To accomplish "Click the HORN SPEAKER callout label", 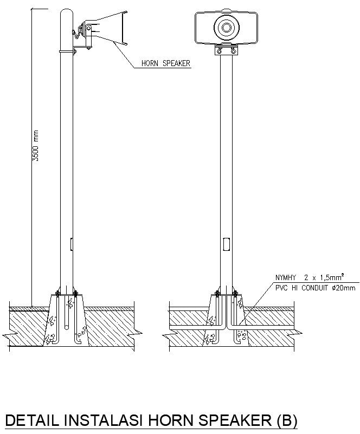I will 165,63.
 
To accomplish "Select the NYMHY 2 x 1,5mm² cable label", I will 307,277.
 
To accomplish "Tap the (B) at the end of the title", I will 286,420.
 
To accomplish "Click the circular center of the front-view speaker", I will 225,26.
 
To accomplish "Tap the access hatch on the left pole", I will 71,244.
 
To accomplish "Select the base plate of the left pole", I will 66,294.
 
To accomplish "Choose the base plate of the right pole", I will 225,294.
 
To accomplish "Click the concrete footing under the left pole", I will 66,322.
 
